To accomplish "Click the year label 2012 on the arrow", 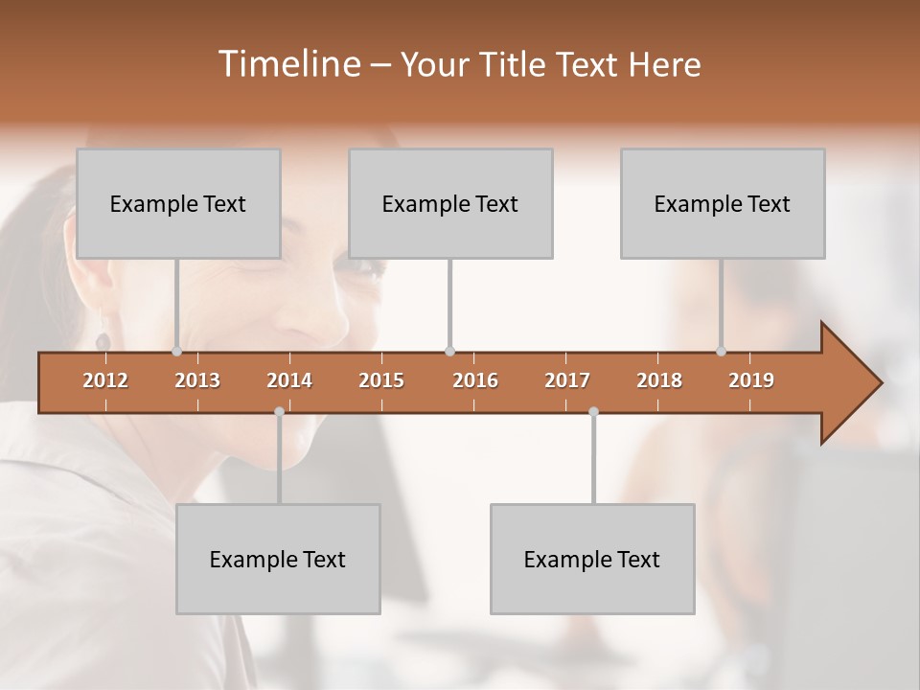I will [105, 380].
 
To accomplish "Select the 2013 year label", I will [197, 380].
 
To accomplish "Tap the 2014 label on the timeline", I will [289, 380].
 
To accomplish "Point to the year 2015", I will [381, 380].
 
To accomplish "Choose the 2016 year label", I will [475, 380].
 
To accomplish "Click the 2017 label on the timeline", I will [567, 380].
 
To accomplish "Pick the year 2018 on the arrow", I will [659, 380].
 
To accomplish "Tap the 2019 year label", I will [751, 380].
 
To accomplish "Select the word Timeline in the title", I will [287, 64].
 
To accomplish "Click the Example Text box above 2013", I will [178, 203].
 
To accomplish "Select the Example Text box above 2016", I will [450, 203].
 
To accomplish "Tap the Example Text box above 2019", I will [723, 203].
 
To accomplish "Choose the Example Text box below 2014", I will [278, 559].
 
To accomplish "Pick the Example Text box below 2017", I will [592, 559].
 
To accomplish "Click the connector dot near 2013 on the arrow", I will [177, 352].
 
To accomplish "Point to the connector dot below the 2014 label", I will [279, 412].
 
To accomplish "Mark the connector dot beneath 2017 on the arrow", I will [593, 412].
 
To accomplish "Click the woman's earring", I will [103, 340].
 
